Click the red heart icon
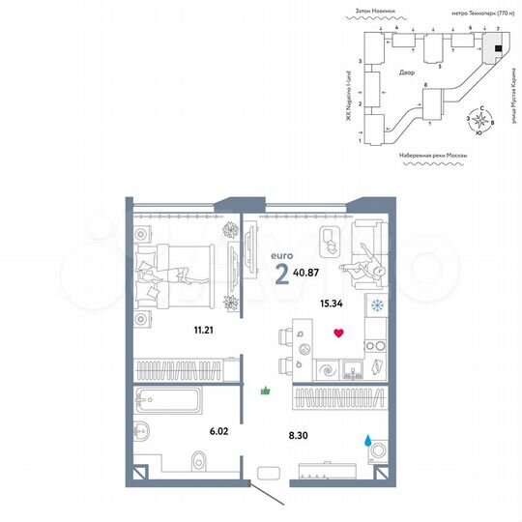pos(337,333)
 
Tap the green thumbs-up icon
pos(266,391)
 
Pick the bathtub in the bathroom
pos(167,400)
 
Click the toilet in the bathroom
pos(200,466)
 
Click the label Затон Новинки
pos(376,13)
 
